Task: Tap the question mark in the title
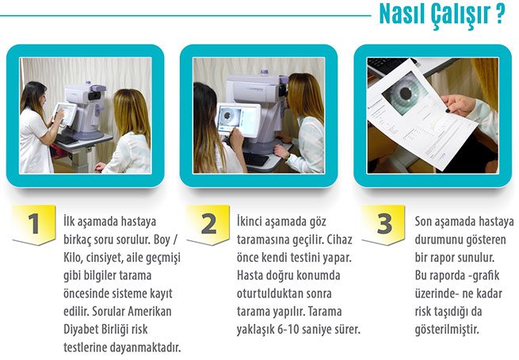point(501,14)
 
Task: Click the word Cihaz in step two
point(340,239)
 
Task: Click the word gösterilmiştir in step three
point(447,330)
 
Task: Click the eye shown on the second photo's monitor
point(227,116)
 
